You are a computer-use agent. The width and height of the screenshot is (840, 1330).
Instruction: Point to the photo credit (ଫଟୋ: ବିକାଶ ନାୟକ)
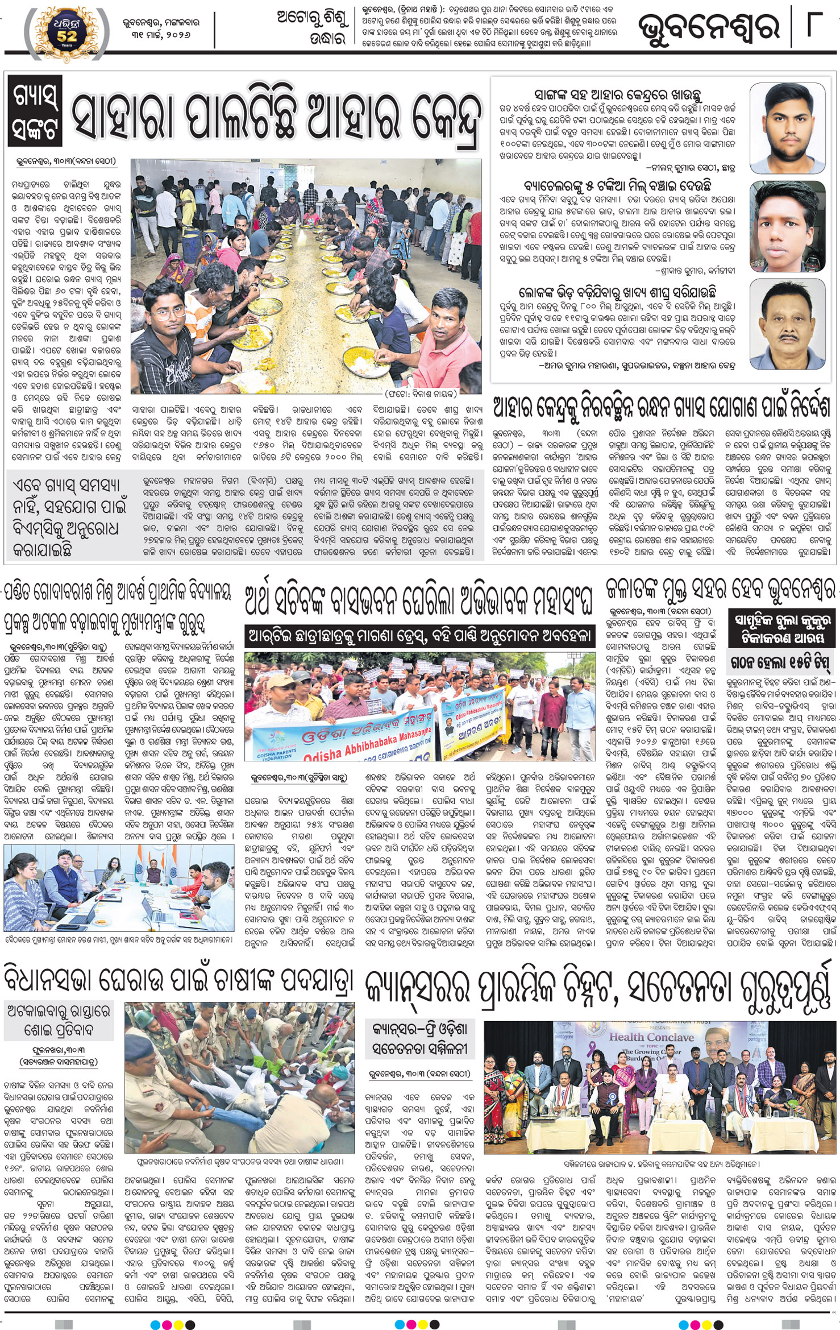click(421, 393)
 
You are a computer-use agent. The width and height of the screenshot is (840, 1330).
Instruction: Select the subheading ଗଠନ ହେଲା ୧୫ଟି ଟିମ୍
click(776, 662)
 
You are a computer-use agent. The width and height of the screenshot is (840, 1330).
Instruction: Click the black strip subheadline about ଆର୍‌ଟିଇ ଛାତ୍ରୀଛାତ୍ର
click(420, 636)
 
